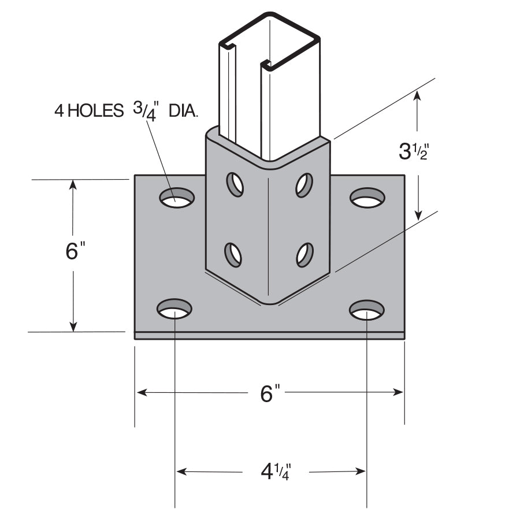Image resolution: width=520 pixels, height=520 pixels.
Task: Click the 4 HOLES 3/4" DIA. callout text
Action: (126, 110)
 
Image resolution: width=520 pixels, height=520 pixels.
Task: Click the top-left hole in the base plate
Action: (177, 198)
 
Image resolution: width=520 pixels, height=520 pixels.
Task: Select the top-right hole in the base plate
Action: (367, 198)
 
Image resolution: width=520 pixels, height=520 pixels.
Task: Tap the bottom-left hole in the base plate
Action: (174, 310)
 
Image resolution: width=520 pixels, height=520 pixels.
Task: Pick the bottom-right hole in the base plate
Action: (367, 310)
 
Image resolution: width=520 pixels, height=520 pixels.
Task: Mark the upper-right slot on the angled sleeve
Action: (304, 184)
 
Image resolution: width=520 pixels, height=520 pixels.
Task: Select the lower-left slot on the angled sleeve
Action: (233, 254)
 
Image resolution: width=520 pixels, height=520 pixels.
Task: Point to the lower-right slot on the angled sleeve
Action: (304, 254)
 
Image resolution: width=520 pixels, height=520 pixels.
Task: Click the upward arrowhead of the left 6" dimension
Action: (73, 185)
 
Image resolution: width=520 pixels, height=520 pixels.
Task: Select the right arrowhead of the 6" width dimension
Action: (398, 392)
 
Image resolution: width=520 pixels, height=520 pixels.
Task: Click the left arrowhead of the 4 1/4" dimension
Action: (181, 471)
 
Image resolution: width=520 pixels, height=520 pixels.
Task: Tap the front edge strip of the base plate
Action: (269, 336)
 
